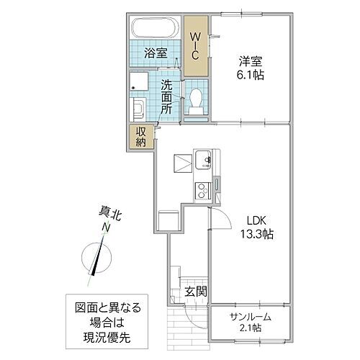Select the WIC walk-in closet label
194,45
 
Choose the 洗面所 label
166,96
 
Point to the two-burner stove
201,190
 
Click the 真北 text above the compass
106,213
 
